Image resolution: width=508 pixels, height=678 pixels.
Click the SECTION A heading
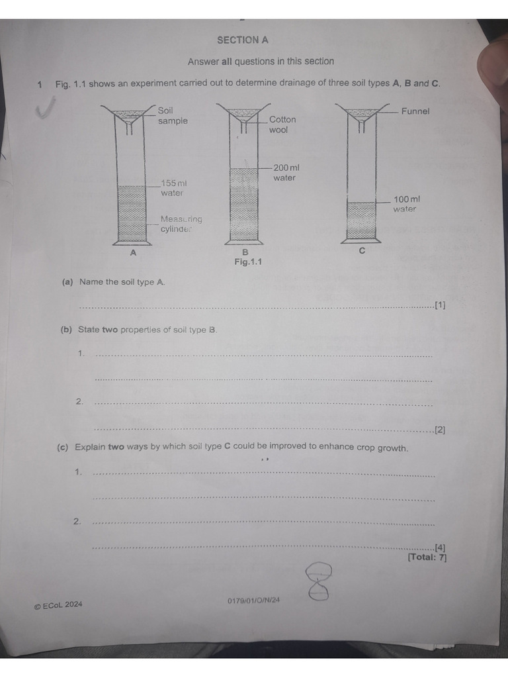243,40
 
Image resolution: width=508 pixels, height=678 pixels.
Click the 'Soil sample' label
173,115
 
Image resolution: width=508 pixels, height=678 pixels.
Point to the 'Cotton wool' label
282,124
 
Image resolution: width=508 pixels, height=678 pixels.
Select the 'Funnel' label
415,111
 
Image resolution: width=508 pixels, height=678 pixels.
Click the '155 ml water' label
173,188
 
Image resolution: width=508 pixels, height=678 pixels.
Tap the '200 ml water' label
286,173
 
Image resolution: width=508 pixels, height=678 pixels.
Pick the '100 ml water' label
406,204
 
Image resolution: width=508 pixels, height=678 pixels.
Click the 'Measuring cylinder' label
181,224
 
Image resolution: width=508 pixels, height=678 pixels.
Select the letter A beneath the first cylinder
133,252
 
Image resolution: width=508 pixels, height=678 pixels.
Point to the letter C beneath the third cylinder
362,251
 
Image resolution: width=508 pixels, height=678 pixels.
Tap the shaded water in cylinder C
361,220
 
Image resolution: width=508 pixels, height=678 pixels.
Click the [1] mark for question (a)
440,305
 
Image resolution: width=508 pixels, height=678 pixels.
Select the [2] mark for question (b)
440,430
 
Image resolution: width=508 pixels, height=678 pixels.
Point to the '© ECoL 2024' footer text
58,605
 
